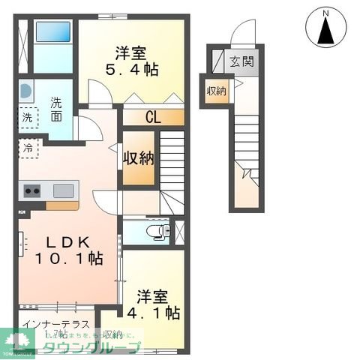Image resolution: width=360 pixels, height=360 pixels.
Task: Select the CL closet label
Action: click(153, 117)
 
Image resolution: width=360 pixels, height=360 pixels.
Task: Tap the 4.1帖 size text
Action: click(157, 310)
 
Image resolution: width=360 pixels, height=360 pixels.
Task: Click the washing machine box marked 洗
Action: click(26, 118)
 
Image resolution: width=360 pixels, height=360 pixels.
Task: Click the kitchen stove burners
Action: click(32, 190)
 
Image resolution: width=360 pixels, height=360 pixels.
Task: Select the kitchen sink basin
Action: click(63, 190)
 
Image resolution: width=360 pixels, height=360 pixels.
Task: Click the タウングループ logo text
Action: click(89, 348)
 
